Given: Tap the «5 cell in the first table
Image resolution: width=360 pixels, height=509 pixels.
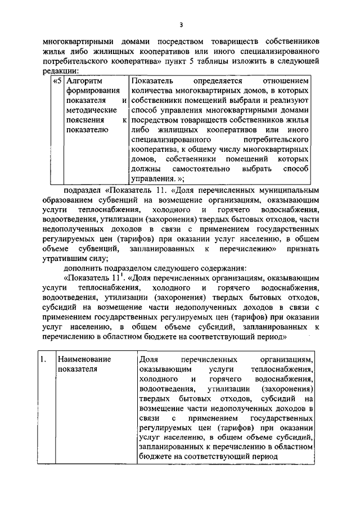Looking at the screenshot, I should (x=56, y=80).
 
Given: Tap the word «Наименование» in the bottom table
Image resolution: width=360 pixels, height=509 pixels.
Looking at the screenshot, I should (x=84, y=359).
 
